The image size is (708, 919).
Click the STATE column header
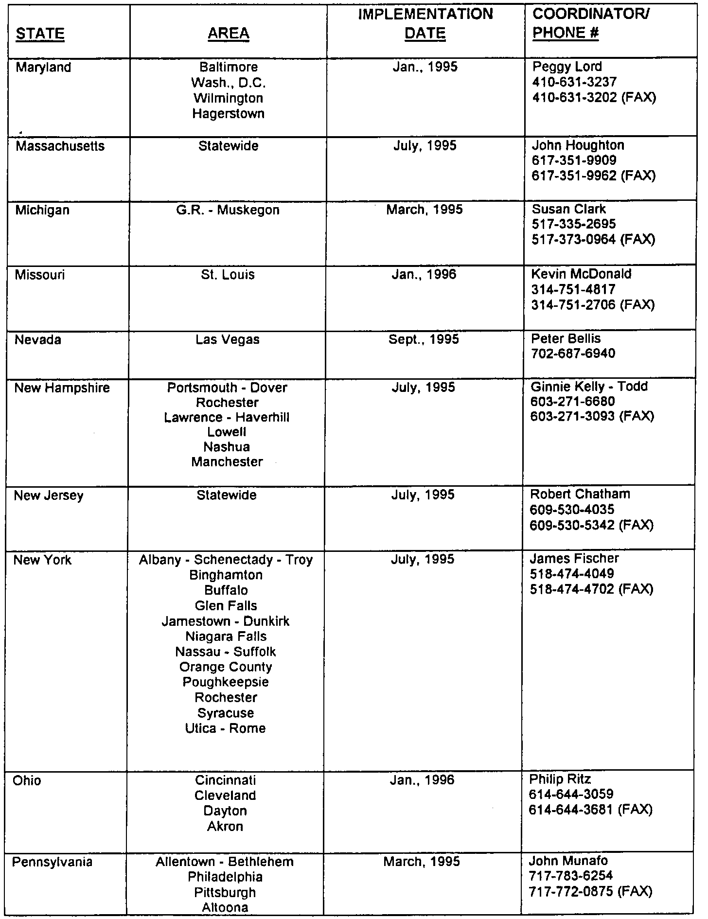[40, 34]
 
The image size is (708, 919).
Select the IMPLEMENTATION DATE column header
[425, 24]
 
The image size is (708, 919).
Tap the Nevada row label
[38, 339]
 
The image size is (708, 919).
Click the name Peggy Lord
[567, 67]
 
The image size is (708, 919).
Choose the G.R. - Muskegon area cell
[228, 210]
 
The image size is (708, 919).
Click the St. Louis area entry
[228, 275]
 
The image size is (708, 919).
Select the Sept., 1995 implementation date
[424, 339]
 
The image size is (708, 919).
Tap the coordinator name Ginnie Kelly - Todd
[589, 387]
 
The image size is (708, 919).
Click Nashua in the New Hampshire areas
[227, 447]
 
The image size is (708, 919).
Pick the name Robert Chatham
[580, 495]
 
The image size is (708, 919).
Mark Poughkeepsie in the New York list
[226, 682]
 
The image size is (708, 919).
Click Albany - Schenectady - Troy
[226, 560]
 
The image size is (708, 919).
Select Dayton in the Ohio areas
[225, 811]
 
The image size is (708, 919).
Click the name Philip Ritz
[560, 780]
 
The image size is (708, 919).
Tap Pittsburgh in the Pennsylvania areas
[225, 893]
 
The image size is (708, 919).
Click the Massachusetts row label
[60, 146]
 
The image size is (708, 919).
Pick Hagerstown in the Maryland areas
[228, 114]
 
